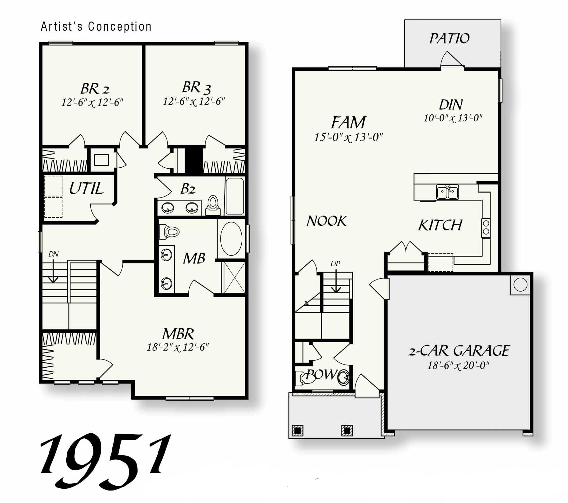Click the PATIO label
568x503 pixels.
pos(449,39)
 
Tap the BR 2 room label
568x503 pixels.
pos(95,89)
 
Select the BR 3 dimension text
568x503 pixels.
pos(194,102)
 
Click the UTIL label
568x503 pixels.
pos(86,189)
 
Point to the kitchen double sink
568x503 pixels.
pos(447,192)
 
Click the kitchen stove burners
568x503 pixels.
pos(486,228)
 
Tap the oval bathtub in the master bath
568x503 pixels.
pos(231,239)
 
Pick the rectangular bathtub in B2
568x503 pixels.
pos(234,196)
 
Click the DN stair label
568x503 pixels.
pos(53,254)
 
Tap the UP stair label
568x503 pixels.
pos(335,263)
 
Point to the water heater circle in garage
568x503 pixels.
pos(520,285)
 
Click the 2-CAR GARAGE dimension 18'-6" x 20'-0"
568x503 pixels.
pos(458,366)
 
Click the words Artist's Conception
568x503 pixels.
pos(96,27)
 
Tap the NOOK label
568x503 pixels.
pos(327,221)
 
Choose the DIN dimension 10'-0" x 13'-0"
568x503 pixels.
pos(453,118)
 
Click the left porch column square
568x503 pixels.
pos(297,430)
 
